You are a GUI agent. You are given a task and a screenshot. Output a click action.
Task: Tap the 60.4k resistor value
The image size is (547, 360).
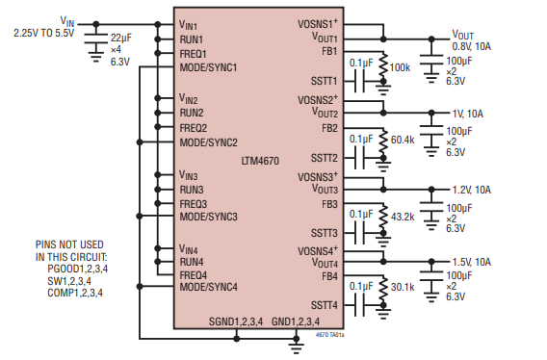[403, 140]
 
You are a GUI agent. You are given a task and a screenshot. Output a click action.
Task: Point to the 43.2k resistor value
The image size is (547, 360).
[403, 215]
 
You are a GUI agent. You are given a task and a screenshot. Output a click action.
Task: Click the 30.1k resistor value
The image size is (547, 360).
[403, 286]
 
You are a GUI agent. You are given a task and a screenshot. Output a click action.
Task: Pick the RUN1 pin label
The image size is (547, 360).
[191, 39]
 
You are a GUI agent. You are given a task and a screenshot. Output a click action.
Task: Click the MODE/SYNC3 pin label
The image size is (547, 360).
[207, 217]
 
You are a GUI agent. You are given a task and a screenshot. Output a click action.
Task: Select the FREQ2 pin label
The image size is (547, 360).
[193, 128]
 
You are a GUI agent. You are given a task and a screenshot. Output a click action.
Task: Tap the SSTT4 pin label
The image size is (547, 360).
[322, 305]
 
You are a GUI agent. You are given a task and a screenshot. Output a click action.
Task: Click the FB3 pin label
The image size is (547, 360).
[329, 204]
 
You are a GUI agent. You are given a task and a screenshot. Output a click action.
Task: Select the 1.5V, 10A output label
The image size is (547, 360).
[471, 262]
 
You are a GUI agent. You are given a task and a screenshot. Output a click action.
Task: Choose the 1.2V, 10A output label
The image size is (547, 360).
[471, 189]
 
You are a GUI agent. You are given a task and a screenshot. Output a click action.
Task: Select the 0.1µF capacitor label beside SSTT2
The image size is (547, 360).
[362, 138]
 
